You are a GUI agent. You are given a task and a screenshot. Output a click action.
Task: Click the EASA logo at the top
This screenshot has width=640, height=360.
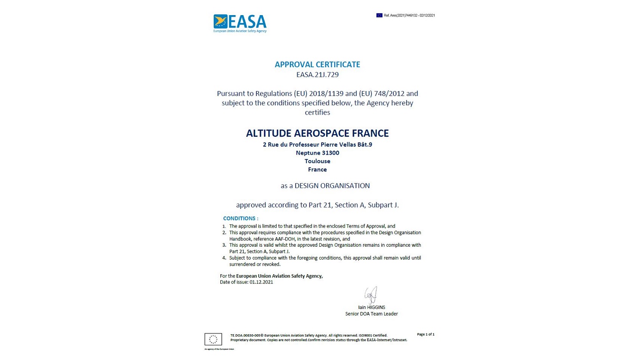click(240, 24)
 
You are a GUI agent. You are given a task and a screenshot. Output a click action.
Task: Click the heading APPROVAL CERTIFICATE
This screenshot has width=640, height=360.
click(317, 64)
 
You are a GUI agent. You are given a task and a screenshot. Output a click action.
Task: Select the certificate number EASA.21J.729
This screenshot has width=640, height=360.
click(317, 75)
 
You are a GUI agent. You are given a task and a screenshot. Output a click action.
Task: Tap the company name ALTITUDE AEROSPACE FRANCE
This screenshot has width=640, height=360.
click(317, 133)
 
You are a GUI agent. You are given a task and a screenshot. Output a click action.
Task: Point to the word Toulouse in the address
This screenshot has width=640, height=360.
click(317, 161)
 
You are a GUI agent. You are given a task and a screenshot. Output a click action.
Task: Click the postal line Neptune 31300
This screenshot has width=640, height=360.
click(317, 153)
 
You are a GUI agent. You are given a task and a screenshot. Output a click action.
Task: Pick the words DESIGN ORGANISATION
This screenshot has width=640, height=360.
click(332, 185)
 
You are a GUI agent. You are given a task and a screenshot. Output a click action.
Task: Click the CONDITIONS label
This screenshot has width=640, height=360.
click(240, 219)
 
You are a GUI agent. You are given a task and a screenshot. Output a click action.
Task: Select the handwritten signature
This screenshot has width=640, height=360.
click(371, 296)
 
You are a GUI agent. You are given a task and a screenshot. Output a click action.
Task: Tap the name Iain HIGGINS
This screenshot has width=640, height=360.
click(372, 307)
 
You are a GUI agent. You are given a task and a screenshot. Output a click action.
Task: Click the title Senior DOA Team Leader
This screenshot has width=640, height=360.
click(372, 314)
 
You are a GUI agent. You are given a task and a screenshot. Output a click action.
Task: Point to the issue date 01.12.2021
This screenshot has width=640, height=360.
click(261, 282)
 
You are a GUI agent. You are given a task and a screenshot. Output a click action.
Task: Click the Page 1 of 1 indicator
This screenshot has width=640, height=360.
click(426, 334)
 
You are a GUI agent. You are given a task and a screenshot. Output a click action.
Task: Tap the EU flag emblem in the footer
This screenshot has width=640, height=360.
click(213, 339)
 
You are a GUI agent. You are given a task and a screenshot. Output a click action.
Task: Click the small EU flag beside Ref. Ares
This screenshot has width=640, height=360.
click(379, 16)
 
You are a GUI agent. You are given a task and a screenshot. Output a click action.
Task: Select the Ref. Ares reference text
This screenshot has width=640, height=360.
click(409, 16)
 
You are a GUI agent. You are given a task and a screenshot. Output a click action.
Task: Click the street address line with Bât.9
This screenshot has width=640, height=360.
click(317, 144)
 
